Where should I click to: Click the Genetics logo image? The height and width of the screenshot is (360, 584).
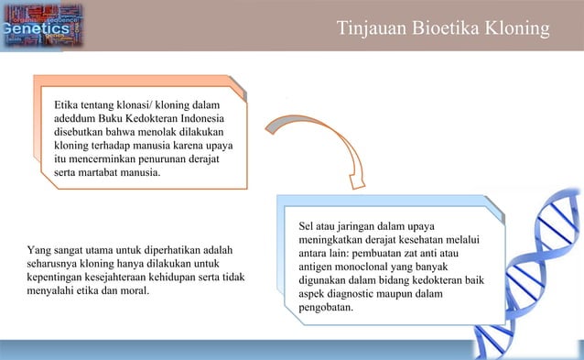[41, 26]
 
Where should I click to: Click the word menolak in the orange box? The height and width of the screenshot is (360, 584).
[167, 132]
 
